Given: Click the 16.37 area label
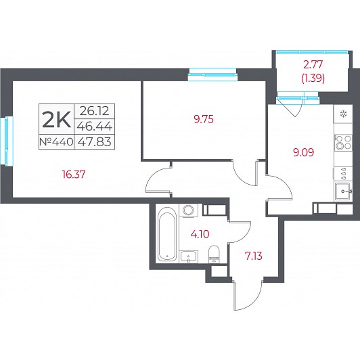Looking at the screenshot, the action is pos(74,175).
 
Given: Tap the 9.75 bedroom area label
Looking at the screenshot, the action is pos(204,119).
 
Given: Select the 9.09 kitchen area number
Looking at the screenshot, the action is pos(304,152).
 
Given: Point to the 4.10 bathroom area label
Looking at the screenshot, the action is pos(200,234).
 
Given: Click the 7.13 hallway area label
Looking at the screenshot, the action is pos(254,256).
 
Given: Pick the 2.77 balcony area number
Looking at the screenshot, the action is pos(313,65).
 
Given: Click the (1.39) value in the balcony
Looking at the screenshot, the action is pos(313,78).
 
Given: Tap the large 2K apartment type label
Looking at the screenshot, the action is pos(56,119).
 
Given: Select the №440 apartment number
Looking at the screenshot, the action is pos(56,142).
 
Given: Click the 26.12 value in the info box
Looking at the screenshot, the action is pos(94,111).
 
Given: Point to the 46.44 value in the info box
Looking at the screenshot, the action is pos(94,126).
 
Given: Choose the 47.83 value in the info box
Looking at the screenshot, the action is pos(94,141).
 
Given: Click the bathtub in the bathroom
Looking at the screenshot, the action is pos(167,234).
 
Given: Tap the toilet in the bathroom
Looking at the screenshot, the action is pos(215,254).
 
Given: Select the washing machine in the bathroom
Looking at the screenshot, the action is pos(190,210).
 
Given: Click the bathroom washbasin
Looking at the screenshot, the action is pos(189,256).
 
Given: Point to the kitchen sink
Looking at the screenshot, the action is pos(343,192).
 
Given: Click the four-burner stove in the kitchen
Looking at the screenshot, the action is pos(343,142).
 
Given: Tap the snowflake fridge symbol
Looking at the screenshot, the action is pos(344,114).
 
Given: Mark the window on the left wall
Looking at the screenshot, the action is pos(6,140).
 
